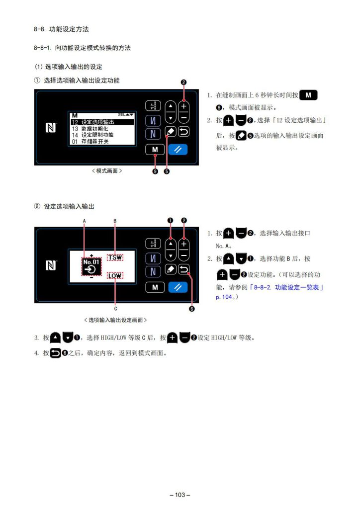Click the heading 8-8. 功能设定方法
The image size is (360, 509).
(x=61, y=29)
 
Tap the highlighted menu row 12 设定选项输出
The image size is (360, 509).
(x=102, y=122)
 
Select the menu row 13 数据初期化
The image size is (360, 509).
(x=90, y=129)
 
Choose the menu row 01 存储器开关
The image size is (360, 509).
(x=90, y=142)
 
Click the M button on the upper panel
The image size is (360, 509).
(x=155, y=150)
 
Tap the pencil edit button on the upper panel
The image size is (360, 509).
(x=171, y=131)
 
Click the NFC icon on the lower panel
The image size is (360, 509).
(x=51, y=266)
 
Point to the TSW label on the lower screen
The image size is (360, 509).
(x=115, y=257)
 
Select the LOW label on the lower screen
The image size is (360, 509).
(x=115, y=276)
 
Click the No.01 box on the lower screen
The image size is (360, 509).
(x=91, y=266)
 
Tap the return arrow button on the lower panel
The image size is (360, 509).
(x=184, y=269)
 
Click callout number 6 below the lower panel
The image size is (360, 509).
(x=192, y=309)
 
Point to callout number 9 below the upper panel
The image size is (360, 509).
(x=155, y=171)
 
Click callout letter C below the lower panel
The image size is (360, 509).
(x=115, y=309)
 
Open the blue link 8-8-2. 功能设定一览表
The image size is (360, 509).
(x=286, y=287)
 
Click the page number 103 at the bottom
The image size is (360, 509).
(x=180, y=495)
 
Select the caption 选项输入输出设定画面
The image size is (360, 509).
(x=115, y=320)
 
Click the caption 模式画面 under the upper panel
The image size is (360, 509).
(x=107, y=171)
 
